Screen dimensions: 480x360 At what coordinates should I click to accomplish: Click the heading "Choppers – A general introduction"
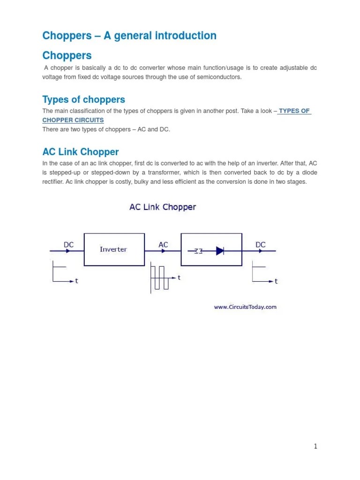[129, 36]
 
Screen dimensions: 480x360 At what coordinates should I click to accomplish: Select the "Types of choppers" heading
[83, 99]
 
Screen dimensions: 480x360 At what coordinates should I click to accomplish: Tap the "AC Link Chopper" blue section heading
[80, 152]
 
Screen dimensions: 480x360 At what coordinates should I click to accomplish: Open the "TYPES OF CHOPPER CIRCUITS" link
[294, 111]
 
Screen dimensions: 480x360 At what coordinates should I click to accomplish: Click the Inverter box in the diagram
[113, 249]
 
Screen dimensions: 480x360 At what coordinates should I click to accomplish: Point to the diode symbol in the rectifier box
[219, 251]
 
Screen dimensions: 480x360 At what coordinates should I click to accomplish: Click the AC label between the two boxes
[163, 245]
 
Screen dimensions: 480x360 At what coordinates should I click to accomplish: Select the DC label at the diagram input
[68, 245]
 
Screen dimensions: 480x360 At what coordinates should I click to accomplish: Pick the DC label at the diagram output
[261, 245]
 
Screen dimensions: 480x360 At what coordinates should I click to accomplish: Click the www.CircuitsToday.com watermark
[245, 307]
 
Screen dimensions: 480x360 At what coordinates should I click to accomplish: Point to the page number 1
[316, 446]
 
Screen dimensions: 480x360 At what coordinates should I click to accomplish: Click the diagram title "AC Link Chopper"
[163, 207]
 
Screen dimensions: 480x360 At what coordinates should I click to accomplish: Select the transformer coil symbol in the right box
[198, 251]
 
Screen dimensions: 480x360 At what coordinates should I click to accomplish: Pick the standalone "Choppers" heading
[67, 55]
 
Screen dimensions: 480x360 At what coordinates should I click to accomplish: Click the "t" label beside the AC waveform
[179, 277]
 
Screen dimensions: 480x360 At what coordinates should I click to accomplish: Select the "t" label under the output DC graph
[276, 281]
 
